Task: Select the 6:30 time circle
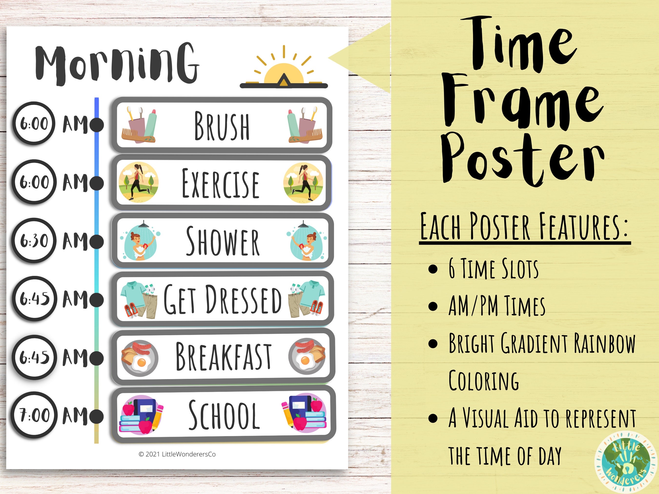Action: click(x=34, y=240)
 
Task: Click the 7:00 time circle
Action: click(x=34, y=415)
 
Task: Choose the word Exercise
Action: click(x=220, y=183)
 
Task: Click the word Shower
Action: click(x=223, y=241)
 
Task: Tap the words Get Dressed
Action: click(x=222, y=299)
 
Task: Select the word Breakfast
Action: click(x=223, y=356)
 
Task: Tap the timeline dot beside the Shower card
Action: click(x=96, y=241)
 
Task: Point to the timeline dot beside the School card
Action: click(x=96, y=416)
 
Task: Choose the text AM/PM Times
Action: click(x=497, y=306)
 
